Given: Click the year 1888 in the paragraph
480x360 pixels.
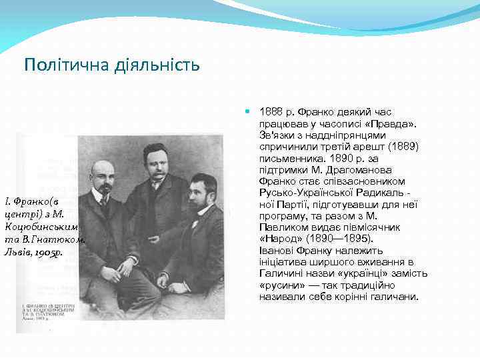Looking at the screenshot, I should click(x=271, y=114).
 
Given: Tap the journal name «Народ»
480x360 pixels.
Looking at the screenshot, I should click(x=279, y=238).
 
